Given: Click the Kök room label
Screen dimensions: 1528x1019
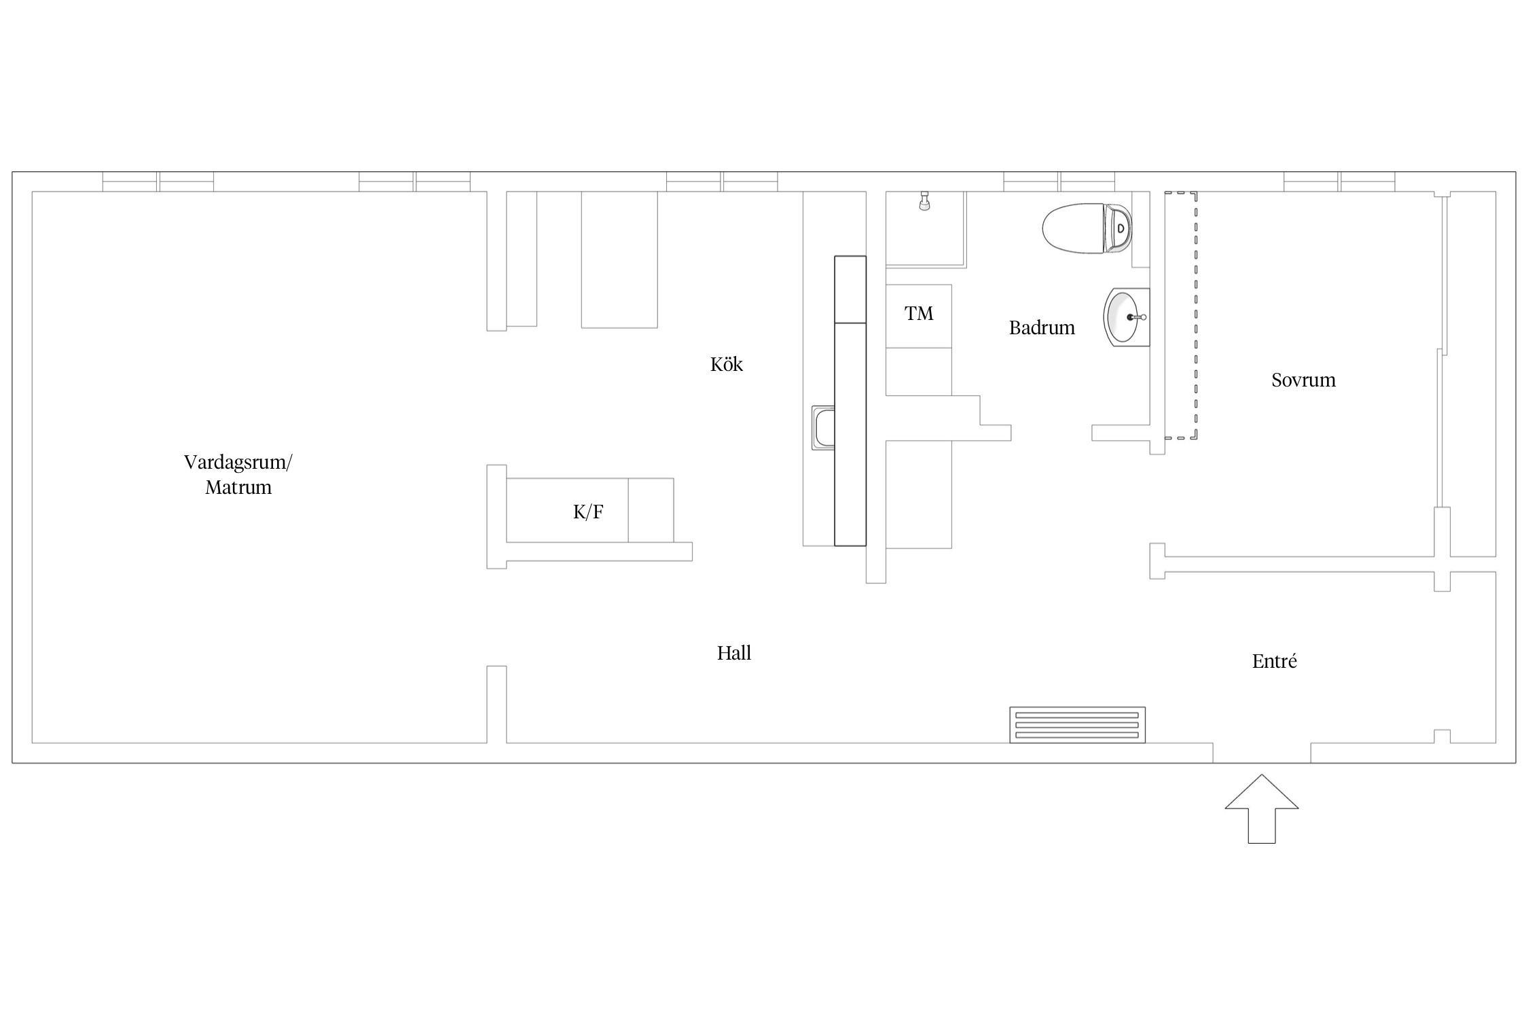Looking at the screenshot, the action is (x=726, y=364).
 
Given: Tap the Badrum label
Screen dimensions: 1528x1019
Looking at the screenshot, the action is (x=1042, y=328).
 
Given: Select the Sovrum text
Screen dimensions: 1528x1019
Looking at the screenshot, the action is (x=1303, y=380).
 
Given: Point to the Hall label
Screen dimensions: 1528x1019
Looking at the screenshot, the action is (x=734, y=653).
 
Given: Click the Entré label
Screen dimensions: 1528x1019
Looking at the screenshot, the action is (x=1274, y=661).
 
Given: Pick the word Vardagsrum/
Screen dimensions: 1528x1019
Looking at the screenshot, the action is (x=238, y=463).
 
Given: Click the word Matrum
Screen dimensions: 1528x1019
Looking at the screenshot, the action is (x=238, y=487).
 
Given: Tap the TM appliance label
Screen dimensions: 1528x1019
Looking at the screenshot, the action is (x=919, y=313).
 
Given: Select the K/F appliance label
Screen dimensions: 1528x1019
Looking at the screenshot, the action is (x=588, y=512).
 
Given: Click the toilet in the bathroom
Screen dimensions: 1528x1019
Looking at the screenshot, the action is (x=1087, y=228).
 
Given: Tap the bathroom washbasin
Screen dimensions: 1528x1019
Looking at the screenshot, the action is (x=1126, y=317).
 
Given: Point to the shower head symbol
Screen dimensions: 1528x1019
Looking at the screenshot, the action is (x=924, y=201).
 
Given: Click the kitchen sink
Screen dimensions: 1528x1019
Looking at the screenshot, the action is (x=823, y=427).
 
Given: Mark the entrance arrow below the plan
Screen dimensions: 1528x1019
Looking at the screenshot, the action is (x=1262, y=808).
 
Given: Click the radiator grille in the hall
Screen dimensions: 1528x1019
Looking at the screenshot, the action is (x=1077, y=725).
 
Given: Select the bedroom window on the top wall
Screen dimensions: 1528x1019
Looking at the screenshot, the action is (x=1339, y=181).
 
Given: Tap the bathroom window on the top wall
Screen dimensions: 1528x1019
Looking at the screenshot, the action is (x=1059, y=181).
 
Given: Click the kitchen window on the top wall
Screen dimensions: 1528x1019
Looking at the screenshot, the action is (x=722, y=181).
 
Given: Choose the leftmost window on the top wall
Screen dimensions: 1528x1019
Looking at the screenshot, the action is (x=158, y=181).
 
